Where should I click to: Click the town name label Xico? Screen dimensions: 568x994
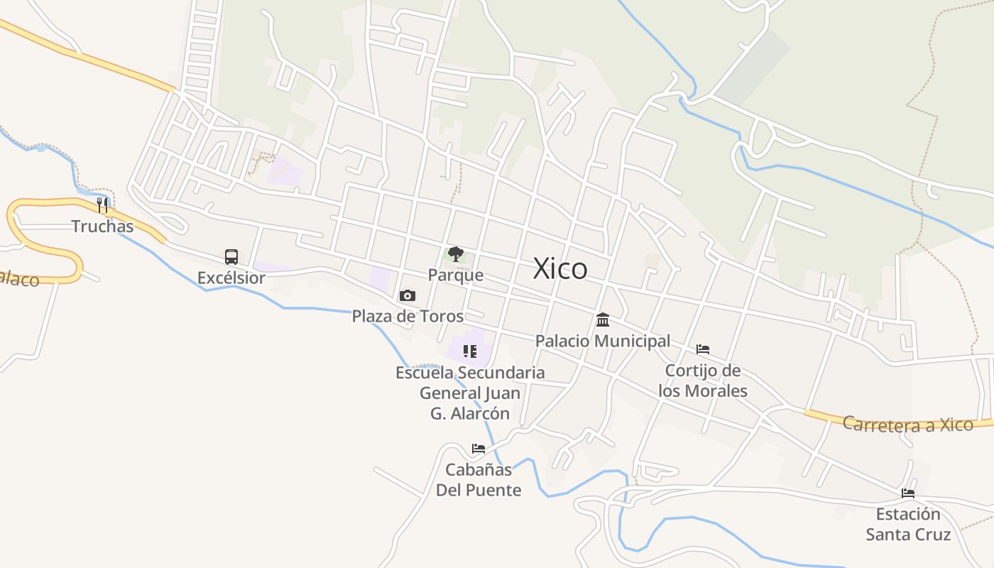tap(560, 269)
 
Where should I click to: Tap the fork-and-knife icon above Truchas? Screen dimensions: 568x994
tap(102, 205)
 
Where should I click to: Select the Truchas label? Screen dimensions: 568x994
tap(102, 226)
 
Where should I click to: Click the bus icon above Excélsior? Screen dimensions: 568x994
tap(231, 257)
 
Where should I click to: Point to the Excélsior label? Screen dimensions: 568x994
tap(231, 278)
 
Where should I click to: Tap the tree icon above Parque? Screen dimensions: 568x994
tap(455, 254)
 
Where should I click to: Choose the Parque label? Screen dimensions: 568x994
tap(455, 275)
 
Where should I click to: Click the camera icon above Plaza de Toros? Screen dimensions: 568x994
tap(408, 295)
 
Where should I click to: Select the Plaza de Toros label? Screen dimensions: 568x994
tap(408, 316)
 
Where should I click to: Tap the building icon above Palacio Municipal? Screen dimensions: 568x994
tap(603, 319)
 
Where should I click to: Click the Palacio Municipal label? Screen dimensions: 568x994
tap(603, 341)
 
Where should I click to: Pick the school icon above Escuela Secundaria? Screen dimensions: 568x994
tap(469, 351)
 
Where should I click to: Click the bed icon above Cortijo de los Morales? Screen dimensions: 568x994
tap(703, 349)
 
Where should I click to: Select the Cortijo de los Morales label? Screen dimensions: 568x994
tap(703, 381)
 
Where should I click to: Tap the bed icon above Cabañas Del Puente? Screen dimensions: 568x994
tap(479, 449)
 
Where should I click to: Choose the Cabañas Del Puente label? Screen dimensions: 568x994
tap(479, 480)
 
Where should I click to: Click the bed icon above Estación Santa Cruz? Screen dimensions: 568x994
tap(908, 493)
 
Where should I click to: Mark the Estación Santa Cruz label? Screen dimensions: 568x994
tap(908, 524)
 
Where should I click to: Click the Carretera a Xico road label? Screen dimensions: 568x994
tap(907, 425)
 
